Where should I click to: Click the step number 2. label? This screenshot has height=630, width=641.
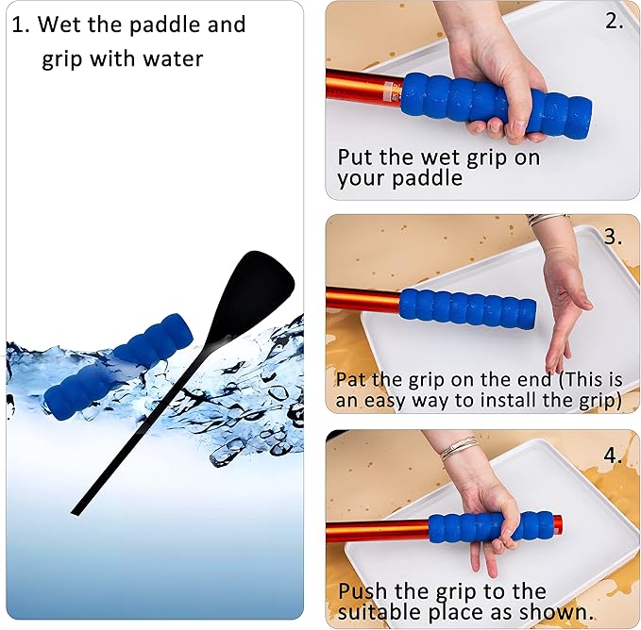(x=615, y=22)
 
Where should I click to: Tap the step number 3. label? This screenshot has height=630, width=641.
(x=614, y=237)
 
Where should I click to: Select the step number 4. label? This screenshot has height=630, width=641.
(x=614, y=455)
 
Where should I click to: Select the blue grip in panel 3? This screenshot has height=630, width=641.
(x=466, y=308)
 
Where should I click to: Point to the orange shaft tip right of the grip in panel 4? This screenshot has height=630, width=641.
(x=558, y=522)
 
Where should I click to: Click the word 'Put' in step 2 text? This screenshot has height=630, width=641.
(x=355, y=157)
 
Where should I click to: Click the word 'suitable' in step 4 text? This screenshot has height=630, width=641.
(x=382, y=613)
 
